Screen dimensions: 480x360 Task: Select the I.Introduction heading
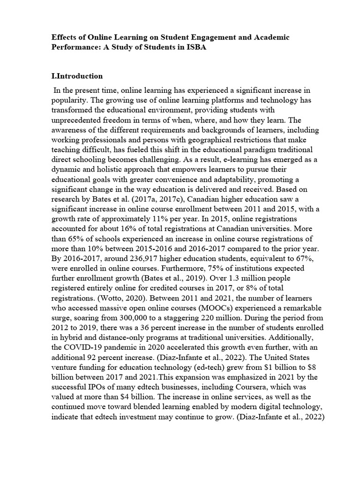coord(77,76)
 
